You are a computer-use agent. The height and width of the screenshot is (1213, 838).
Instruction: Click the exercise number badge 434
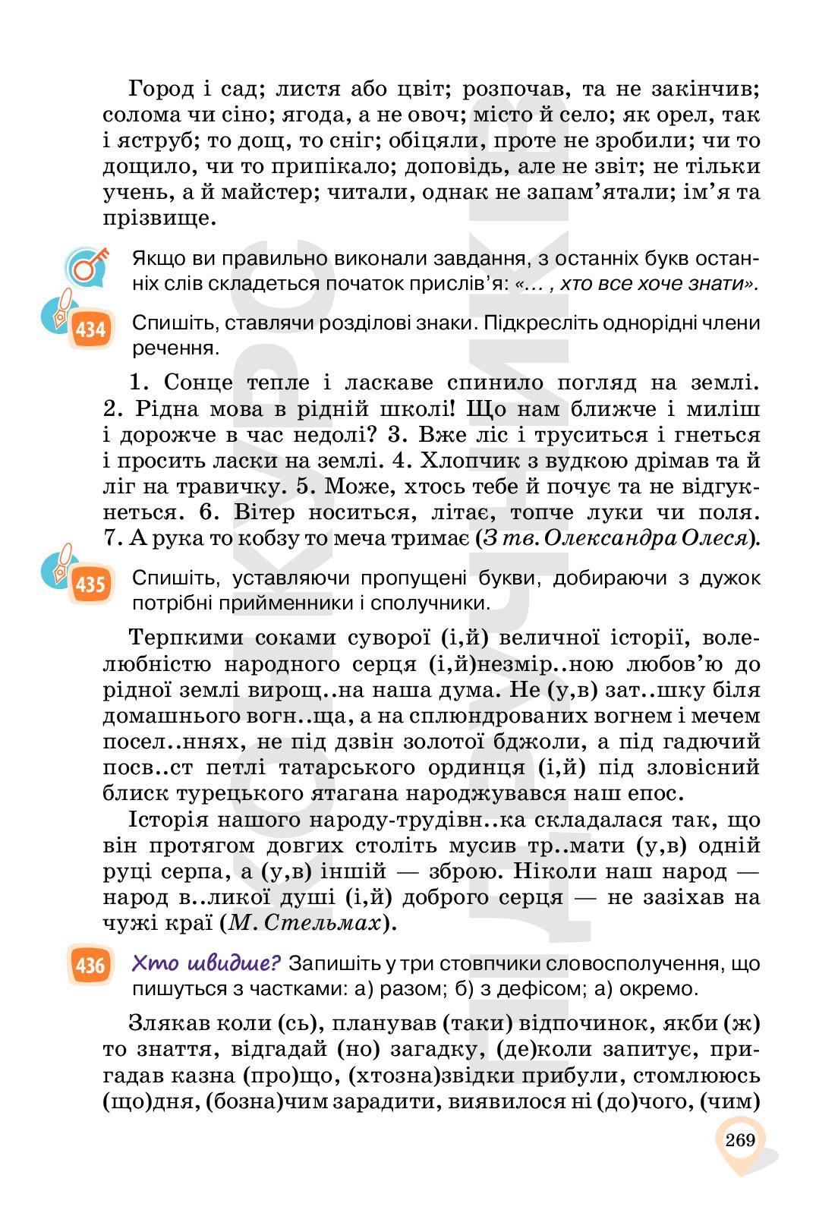coord(90,331)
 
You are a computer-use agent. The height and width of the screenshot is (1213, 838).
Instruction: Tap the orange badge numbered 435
coord(90,585)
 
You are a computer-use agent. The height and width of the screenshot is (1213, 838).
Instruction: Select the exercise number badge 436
coord(90,966)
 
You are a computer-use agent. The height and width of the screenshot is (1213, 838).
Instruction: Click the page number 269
coord(740,1140)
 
